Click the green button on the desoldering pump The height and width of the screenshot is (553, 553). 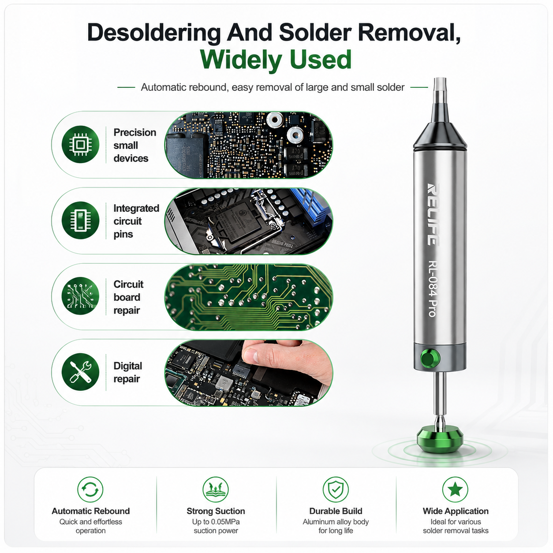coord(430,358)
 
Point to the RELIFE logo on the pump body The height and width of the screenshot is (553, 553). coord(433,214)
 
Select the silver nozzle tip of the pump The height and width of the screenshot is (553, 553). coord(440,91)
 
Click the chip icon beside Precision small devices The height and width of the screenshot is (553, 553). coord(80,144)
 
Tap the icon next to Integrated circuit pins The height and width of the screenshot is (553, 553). coord(80,220)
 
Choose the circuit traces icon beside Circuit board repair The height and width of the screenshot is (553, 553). coord(80,296)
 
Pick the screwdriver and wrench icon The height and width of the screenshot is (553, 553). coord(80,372)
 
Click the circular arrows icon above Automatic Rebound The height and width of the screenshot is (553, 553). coord(90,489)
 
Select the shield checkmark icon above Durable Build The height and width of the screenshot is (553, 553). coord(336,489)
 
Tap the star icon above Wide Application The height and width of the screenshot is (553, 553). coord(455,489)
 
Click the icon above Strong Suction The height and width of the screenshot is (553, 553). coord(216,489)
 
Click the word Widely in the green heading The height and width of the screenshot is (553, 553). coord(241,60)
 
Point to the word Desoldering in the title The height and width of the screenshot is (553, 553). coord(153,33)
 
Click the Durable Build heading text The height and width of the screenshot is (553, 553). coord(336,511)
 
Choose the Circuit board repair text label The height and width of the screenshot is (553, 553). coord(128,297)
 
